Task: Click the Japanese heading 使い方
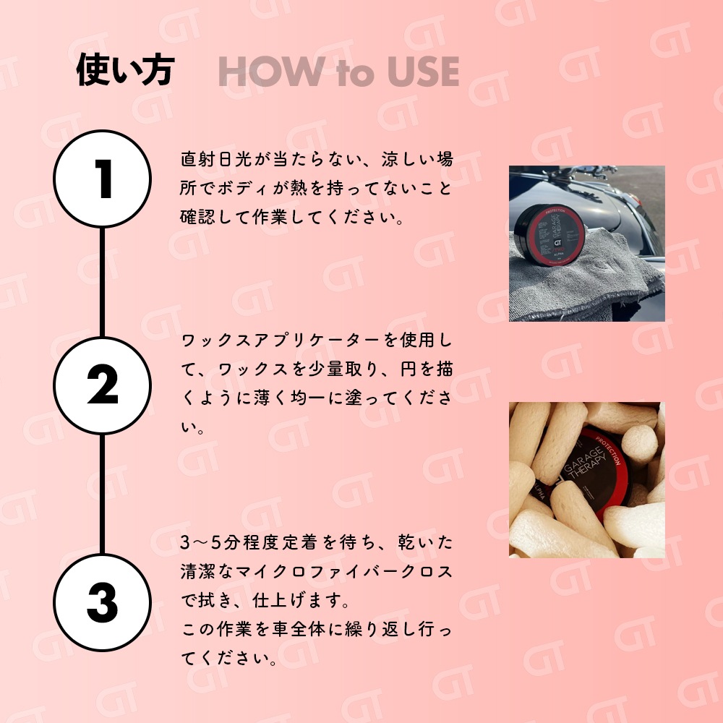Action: point(125,70)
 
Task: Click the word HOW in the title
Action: point(271,72)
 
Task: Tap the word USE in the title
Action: point(423,72)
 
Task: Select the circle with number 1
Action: point(103,179)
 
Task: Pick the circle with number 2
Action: point(103,385)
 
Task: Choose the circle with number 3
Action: point(103,602)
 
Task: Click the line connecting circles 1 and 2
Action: point(103,282)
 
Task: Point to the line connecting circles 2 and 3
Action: point(103,494)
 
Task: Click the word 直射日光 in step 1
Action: point(216,159)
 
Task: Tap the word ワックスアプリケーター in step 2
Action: point(281,341)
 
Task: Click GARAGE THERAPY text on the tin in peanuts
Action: point(586,463)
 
